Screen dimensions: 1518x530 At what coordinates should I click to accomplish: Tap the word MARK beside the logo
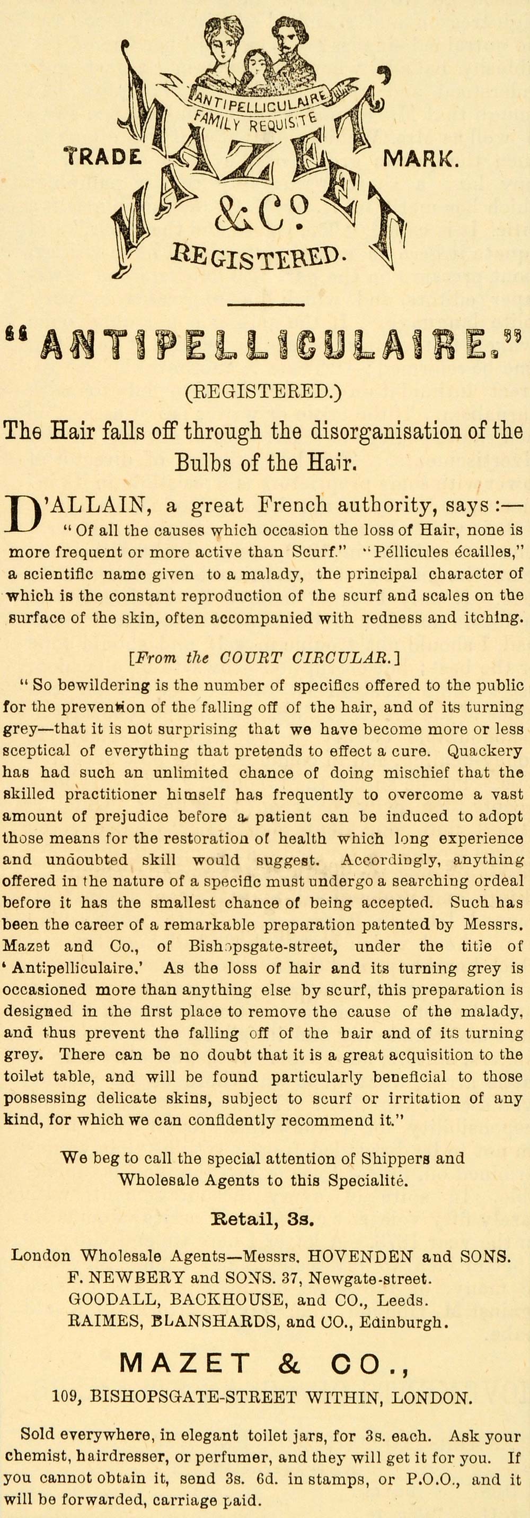[419, 159]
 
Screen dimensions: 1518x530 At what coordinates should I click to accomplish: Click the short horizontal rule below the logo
[264, 305]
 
